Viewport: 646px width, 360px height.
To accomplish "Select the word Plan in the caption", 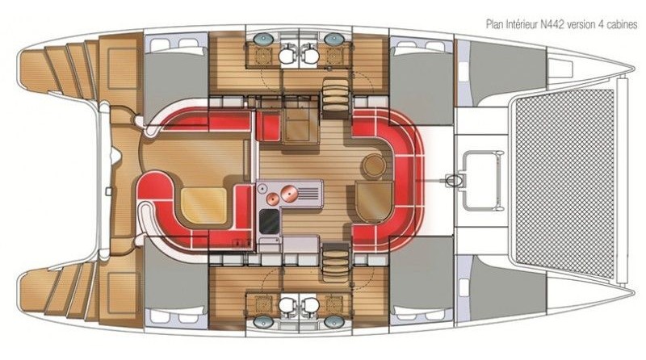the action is [x=494, y=24].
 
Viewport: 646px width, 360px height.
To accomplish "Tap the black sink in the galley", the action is [x=270, y=221].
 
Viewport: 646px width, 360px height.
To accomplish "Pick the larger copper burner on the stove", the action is [x=289, y=193].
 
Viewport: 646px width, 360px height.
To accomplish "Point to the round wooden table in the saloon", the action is [x=374, y=165].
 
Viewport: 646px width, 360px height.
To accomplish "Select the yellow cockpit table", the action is [x=203, y=206].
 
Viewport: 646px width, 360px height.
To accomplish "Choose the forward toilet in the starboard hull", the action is [x=310, y=306].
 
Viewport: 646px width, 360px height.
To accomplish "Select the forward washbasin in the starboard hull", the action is [x=332, y=322].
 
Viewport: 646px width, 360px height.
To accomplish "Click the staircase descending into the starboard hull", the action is [x=335, y=262].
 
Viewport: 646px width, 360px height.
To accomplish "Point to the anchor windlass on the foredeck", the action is [x=454, y=180].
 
